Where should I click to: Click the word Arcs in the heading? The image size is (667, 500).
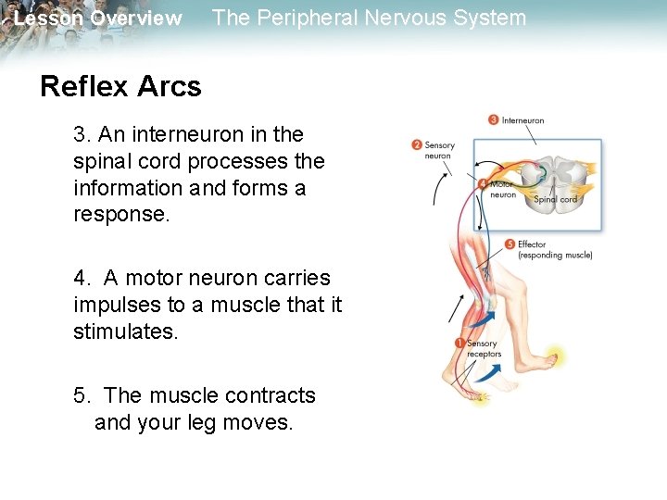169,87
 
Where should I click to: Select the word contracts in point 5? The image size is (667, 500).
270,396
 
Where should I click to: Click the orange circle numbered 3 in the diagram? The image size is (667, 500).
494,119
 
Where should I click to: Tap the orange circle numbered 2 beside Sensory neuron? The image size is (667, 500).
417,144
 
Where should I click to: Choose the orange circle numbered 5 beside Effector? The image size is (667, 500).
510,244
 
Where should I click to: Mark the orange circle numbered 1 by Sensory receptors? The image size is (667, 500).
460,344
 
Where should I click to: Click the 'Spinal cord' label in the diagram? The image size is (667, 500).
556,199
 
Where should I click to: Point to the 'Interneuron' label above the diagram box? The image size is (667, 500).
523,120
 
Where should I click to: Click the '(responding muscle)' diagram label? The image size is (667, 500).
555,256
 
